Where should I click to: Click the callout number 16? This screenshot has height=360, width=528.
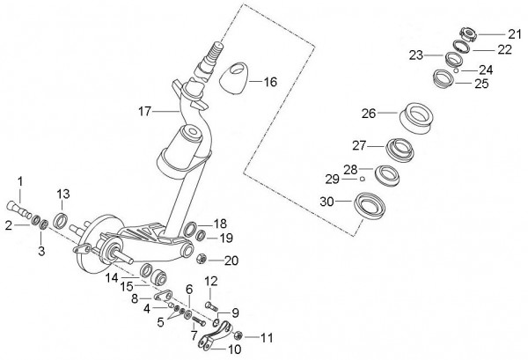point(270,82)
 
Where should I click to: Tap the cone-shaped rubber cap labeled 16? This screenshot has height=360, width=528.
point(233,77)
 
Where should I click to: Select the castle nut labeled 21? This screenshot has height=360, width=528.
point(468,35)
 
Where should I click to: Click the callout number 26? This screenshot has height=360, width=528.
point(369,114)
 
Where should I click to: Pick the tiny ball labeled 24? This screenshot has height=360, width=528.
point(456,70)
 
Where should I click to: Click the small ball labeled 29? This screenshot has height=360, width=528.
point(362,179)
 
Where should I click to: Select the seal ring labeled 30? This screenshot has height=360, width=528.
point(370,206)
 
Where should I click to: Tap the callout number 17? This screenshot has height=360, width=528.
point(145,111)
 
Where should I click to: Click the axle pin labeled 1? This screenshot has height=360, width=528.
point(19,209)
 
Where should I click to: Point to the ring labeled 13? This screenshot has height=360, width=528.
point(61,220)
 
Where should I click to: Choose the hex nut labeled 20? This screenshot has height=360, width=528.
point(202,260)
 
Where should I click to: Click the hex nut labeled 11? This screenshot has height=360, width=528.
point(238,335)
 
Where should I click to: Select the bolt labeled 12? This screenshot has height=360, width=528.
point(211,305)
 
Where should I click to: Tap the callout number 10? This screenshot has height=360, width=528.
point(235,349)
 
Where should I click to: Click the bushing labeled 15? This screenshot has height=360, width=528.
point(158,276)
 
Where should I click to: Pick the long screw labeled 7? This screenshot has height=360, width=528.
point(198,320)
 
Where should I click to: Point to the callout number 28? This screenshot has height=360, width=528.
point(350,169)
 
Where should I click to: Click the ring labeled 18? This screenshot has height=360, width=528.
point(190,230)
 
